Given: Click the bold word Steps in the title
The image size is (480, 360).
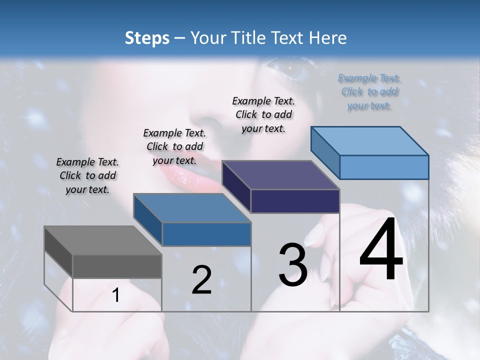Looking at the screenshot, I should (x=147, y=38).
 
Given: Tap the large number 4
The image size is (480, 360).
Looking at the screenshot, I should (x=381, y=250).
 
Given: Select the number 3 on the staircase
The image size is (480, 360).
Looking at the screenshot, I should (x=293, y=265).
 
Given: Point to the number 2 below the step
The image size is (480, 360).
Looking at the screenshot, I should (x=201, y=280).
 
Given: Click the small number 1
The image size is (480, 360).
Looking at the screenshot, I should (x=115, y=295).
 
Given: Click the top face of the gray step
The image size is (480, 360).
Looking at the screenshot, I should (x=102, y=240).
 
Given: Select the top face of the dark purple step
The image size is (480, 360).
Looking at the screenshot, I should (x=280, y=175).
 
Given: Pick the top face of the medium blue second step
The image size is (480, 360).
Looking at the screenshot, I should (x=191, y=208).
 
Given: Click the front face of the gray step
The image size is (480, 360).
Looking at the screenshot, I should (x=117, y=266).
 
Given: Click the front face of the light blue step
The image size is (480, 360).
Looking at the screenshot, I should (x=384, y=167).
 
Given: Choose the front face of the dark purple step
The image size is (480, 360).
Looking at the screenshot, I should (x=295, y=201).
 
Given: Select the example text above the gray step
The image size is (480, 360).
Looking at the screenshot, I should (x=87, y=176).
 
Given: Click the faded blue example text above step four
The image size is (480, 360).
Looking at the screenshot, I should (x=369, y=92).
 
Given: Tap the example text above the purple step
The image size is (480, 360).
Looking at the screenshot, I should (x=263, y=115).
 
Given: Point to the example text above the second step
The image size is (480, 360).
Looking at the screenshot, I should (x=174, y=147).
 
